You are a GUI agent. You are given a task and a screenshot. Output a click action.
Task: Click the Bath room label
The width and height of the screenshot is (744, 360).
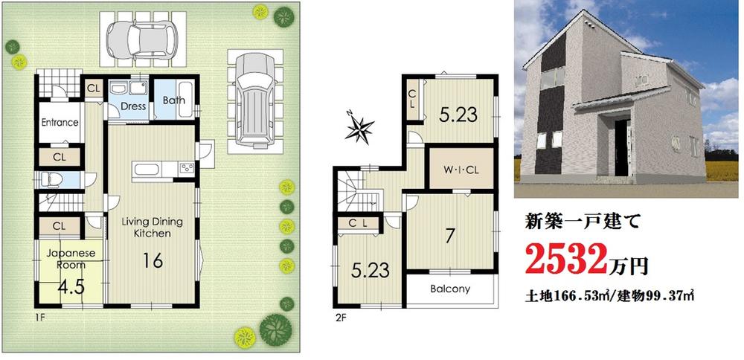pyautogui.click(x=174, y=100)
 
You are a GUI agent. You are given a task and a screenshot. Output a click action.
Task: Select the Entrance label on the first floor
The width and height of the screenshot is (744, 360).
pyautogui.click(x=60, y=123)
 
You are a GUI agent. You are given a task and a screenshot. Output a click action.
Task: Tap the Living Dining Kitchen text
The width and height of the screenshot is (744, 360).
pyautogui.click(x=153, y=228)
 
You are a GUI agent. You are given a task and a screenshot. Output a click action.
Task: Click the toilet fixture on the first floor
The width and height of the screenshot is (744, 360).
pyautogui.click(x=49, y=179)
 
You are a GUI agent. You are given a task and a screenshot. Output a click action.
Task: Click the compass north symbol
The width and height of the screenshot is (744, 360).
pyautogui.click(x=360, y=128)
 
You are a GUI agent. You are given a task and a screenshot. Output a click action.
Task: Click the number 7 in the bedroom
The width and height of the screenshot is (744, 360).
pyautogui.click(x=451, y=237)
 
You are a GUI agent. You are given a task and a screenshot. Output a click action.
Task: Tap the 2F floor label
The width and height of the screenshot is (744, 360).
pyautogui.click(x=341, y=316)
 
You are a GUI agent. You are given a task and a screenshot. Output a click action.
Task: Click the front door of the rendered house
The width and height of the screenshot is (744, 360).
pyautogui.click(x=621, y=146)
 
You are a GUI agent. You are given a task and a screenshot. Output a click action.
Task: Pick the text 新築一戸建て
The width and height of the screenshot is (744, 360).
pyautogui.click(x=579, y=222)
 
